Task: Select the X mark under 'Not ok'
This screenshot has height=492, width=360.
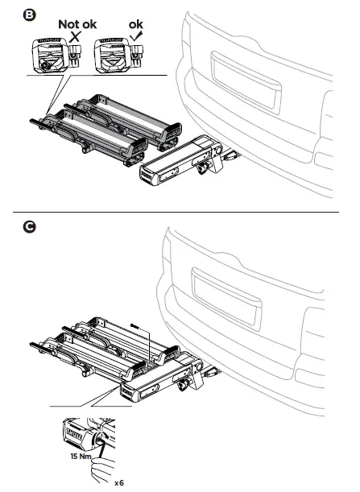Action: (x=75, y=36)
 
